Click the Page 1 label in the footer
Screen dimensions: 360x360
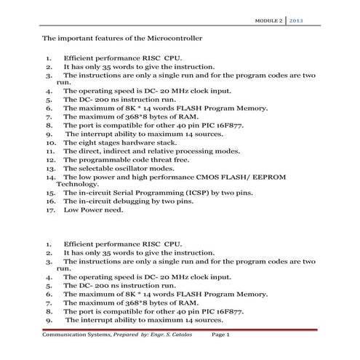click(220, 335)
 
